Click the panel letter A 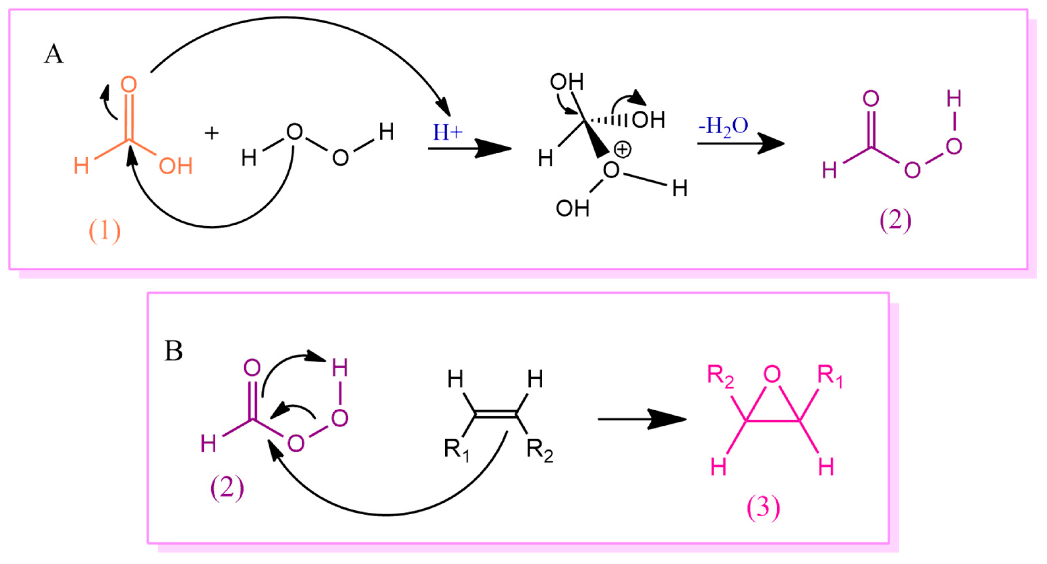[54, 54]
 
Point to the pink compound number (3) [763, 507]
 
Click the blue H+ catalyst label [447, 133]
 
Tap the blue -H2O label [724, 126]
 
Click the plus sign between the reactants [211, 133]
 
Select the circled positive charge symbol [622, 150]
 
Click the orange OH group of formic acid [175, 166]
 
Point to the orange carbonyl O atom [129, 85]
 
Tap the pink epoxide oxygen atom [772, 374]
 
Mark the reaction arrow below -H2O [740, 143]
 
